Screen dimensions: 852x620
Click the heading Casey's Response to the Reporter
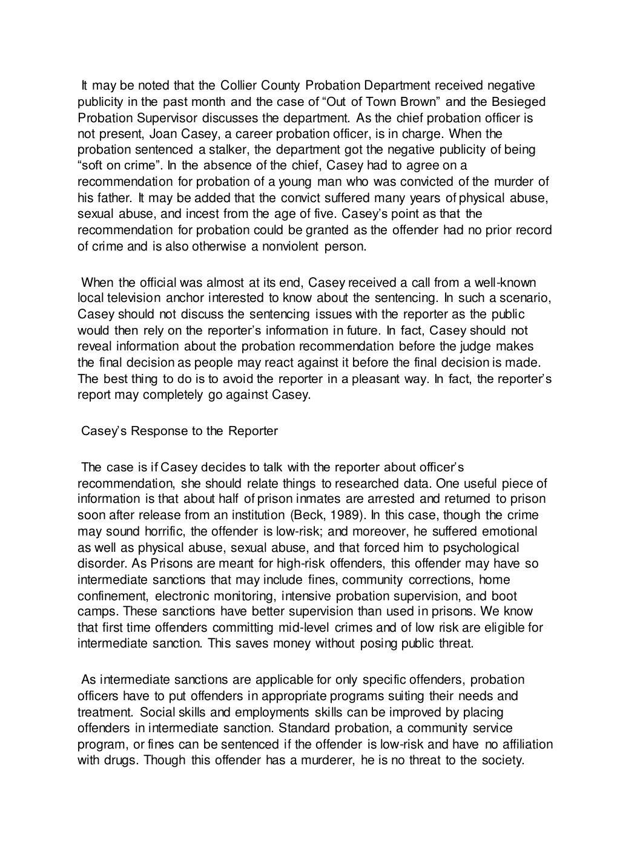[x=179, y=431]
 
